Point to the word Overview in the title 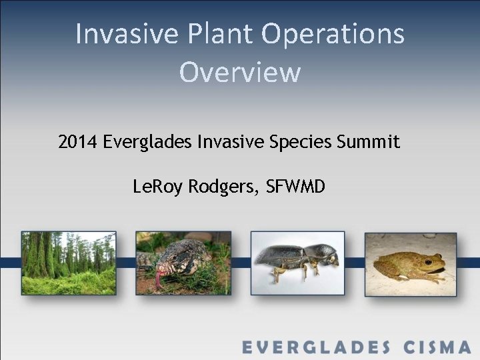click(x=240, y=72)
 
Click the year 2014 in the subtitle click(x=78, y=142)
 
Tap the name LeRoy click(x=159, y=187)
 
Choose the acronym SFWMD click(x=295, y=187)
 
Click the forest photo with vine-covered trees click(x=69, y=263)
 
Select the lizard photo click(x=183, y=263)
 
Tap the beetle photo click(x=297, y=263)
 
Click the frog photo click(x=411, y=263)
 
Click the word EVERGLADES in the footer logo click(x=316, y=347)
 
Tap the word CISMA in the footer click(x=437, y=347)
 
